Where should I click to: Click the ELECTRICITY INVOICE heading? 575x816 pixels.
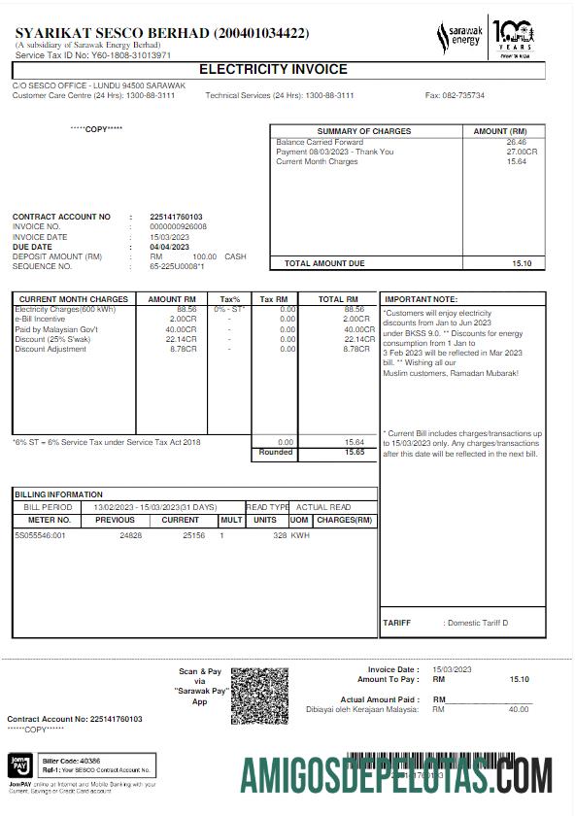(x=273, y=70)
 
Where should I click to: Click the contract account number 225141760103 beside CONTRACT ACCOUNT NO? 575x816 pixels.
(x=176, y=217)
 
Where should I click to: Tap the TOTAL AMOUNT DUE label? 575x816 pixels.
(x=324, y=263)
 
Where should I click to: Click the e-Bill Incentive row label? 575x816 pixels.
(x=40, y=319)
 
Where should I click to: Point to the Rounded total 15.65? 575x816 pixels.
(x=354, y=453)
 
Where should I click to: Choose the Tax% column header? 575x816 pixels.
(x=230, y=299)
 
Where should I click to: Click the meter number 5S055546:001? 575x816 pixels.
(x=40, y=535)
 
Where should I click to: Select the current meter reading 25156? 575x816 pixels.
(x=193, y=535)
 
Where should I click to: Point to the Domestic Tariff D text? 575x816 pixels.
(x=476, y=623)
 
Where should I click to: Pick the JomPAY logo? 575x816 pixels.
(x=21, y=763)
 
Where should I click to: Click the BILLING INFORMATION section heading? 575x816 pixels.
(x=58, y=494)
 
